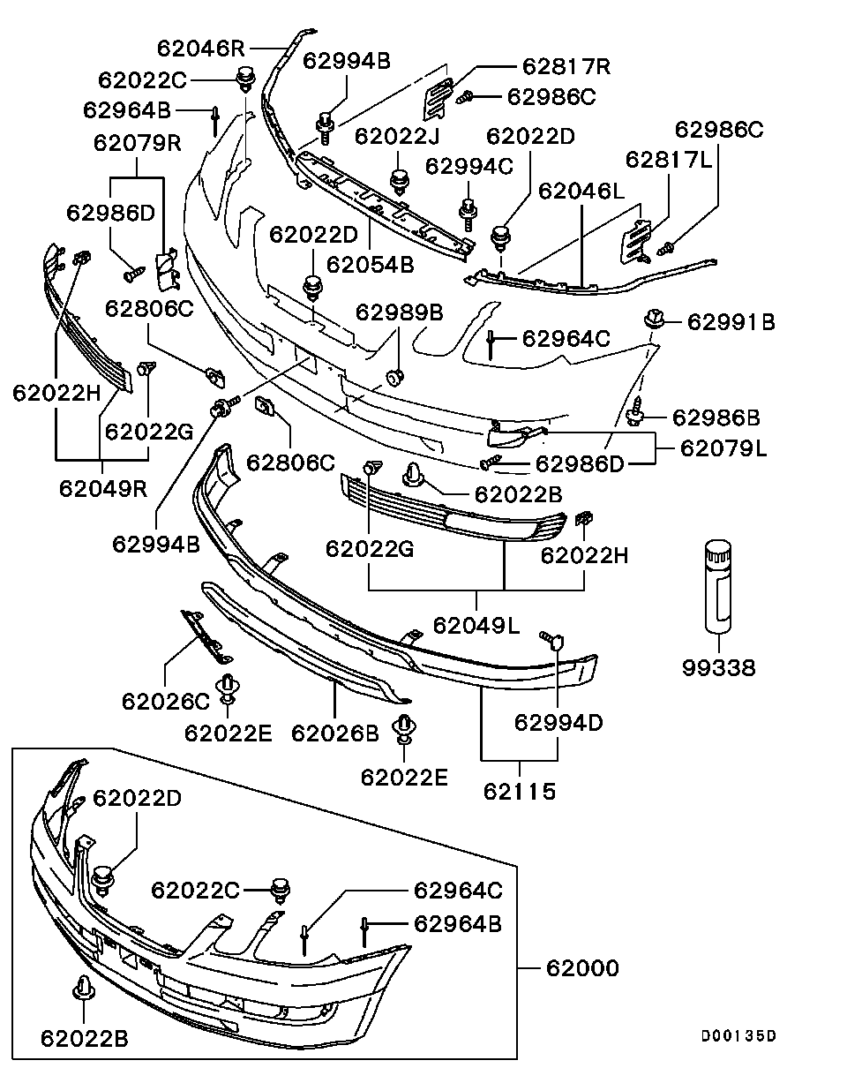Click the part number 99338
pyautogui.click(x=718, y=668)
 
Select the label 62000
pyautogui.click(x=582, y=968)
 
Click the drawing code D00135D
pyautogui.click(x=739, y=1036)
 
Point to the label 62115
pyautogui.click(x=520, y=791)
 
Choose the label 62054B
pyautogui.click(x=370, y=263)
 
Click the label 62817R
pyautogui.click(x=566, y=66)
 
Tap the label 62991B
pyautogui.click(x=731, y=322)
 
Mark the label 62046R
pyautogui.click(x=202, y=47)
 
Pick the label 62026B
pyautogui.click(x=335, y=732)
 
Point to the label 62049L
pyautogui.click(x=476, y=625)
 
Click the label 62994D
pyautogui.click(x=558, y=722)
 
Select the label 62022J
pyautogui.click(x=397, y=136)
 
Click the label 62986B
pyautogui.click(x=716, y=417)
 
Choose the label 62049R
pyautogui.click(x=103, y=487)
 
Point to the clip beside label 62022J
pyautogui.click(x=400, y=179)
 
